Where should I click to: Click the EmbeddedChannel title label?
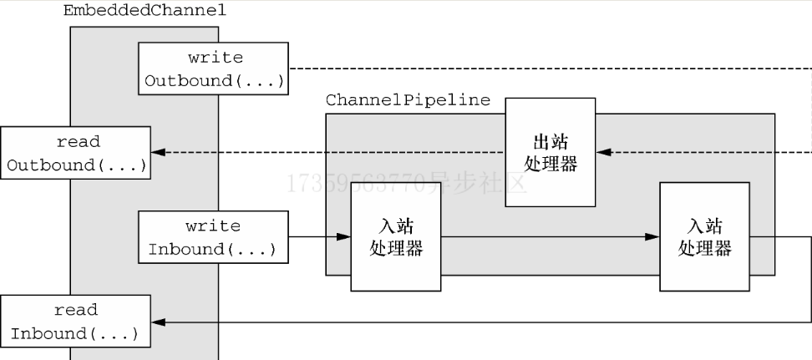coord(145,12)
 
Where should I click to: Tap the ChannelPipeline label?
coord(408,100)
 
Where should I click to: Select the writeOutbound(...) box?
coord(214,69)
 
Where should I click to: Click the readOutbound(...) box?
coord(76,153)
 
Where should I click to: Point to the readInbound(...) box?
coord(76,322)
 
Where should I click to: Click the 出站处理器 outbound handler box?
coord(550,152)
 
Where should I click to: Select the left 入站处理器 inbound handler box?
coord(395,237)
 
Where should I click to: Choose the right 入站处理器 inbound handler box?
coord(704,237)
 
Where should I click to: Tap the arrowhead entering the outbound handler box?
coord(603,153)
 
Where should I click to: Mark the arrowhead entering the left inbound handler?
coord(343,237)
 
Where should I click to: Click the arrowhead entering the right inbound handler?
coord(652,237)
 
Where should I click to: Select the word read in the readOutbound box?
coord(76,141)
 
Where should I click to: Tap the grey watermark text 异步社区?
coord(476,183)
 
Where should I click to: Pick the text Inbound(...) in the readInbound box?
coord(74,333)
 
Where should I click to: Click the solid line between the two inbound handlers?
coord(543,237)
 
